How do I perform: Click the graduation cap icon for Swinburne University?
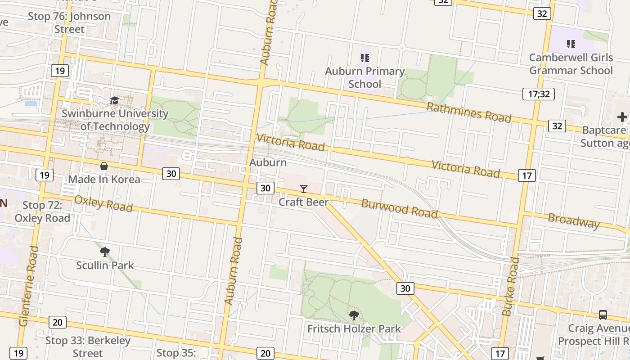pos(114,100)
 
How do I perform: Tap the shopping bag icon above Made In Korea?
pos(104,166)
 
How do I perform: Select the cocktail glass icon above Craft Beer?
pos(304,189)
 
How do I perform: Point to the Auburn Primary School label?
pos(365,77)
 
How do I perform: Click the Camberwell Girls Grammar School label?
pos(571,64)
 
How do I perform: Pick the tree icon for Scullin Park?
pos(105,252)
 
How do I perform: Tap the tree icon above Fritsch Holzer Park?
pos(354,315)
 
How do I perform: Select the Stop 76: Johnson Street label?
pos(69,22)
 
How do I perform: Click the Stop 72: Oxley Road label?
pos(42,211)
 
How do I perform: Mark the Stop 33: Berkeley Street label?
pos(88,346)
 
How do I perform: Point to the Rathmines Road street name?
pos(468,112)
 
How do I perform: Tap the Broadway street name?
pos(574,221)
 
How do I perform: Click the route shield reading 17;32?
pos(539,94)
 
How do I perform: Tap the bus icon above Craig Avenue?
pos(603,315)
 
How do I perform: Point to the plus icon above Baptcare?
pos(622,117)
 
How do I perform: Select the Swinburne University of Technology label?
pos(115,120)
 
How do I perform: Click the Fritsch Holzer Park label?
pos(354,329)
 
